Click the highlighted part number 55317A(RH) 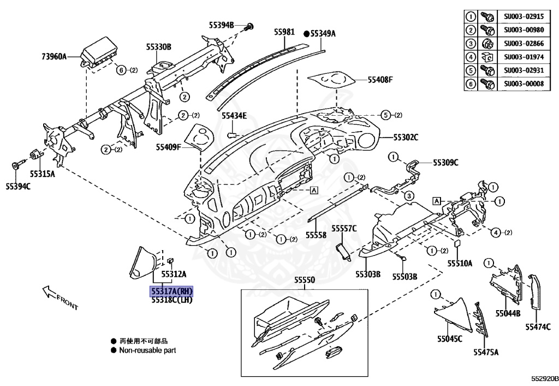pos(172,292)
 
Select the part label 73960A pos(53,56)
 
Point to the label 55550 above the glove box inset pos(305,280)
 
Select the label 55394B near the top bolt pos(221,25)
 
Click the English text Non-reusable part pos(147,350)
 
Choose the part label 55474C pos(538,327)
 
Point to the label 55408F pos(380,80)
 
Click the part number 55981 pos(284,33)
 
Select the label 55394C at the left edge pos(18,187)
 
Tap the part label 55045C pos(449,339)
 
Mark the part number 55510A pos(460,263)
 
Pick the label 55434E pos(234,116)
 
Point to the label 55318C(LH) pos(172,300)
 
